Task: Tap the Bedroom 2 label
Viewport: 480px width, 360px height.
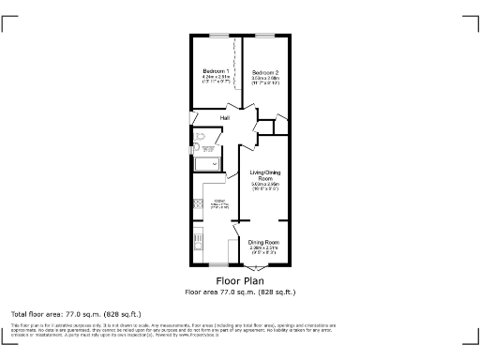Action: tap(264, 72)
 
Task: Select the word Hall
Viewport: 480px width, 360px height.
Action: tap(225, 118)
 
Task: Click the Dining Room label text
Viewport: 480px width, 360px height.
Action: tap(264, 242)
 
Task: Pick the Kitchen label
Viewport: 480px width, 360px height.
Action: tap(220, 202)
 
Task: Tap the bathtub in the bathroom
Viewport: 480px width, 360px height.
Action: tap(206, 165)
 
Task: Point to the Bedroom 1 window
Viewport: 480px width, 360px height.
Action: tap(217, 36)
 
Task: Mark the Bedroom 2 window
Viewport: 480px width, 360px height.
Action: tap(264, 36)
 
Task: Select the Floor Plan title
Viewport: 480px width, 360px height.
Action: tap(240, 280)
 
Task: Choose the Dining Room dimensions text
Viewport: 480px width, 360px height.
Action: tap(264, 250)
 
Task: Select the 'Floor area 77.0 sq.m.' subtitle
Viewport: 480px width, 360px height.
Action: tap(240, 291)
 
